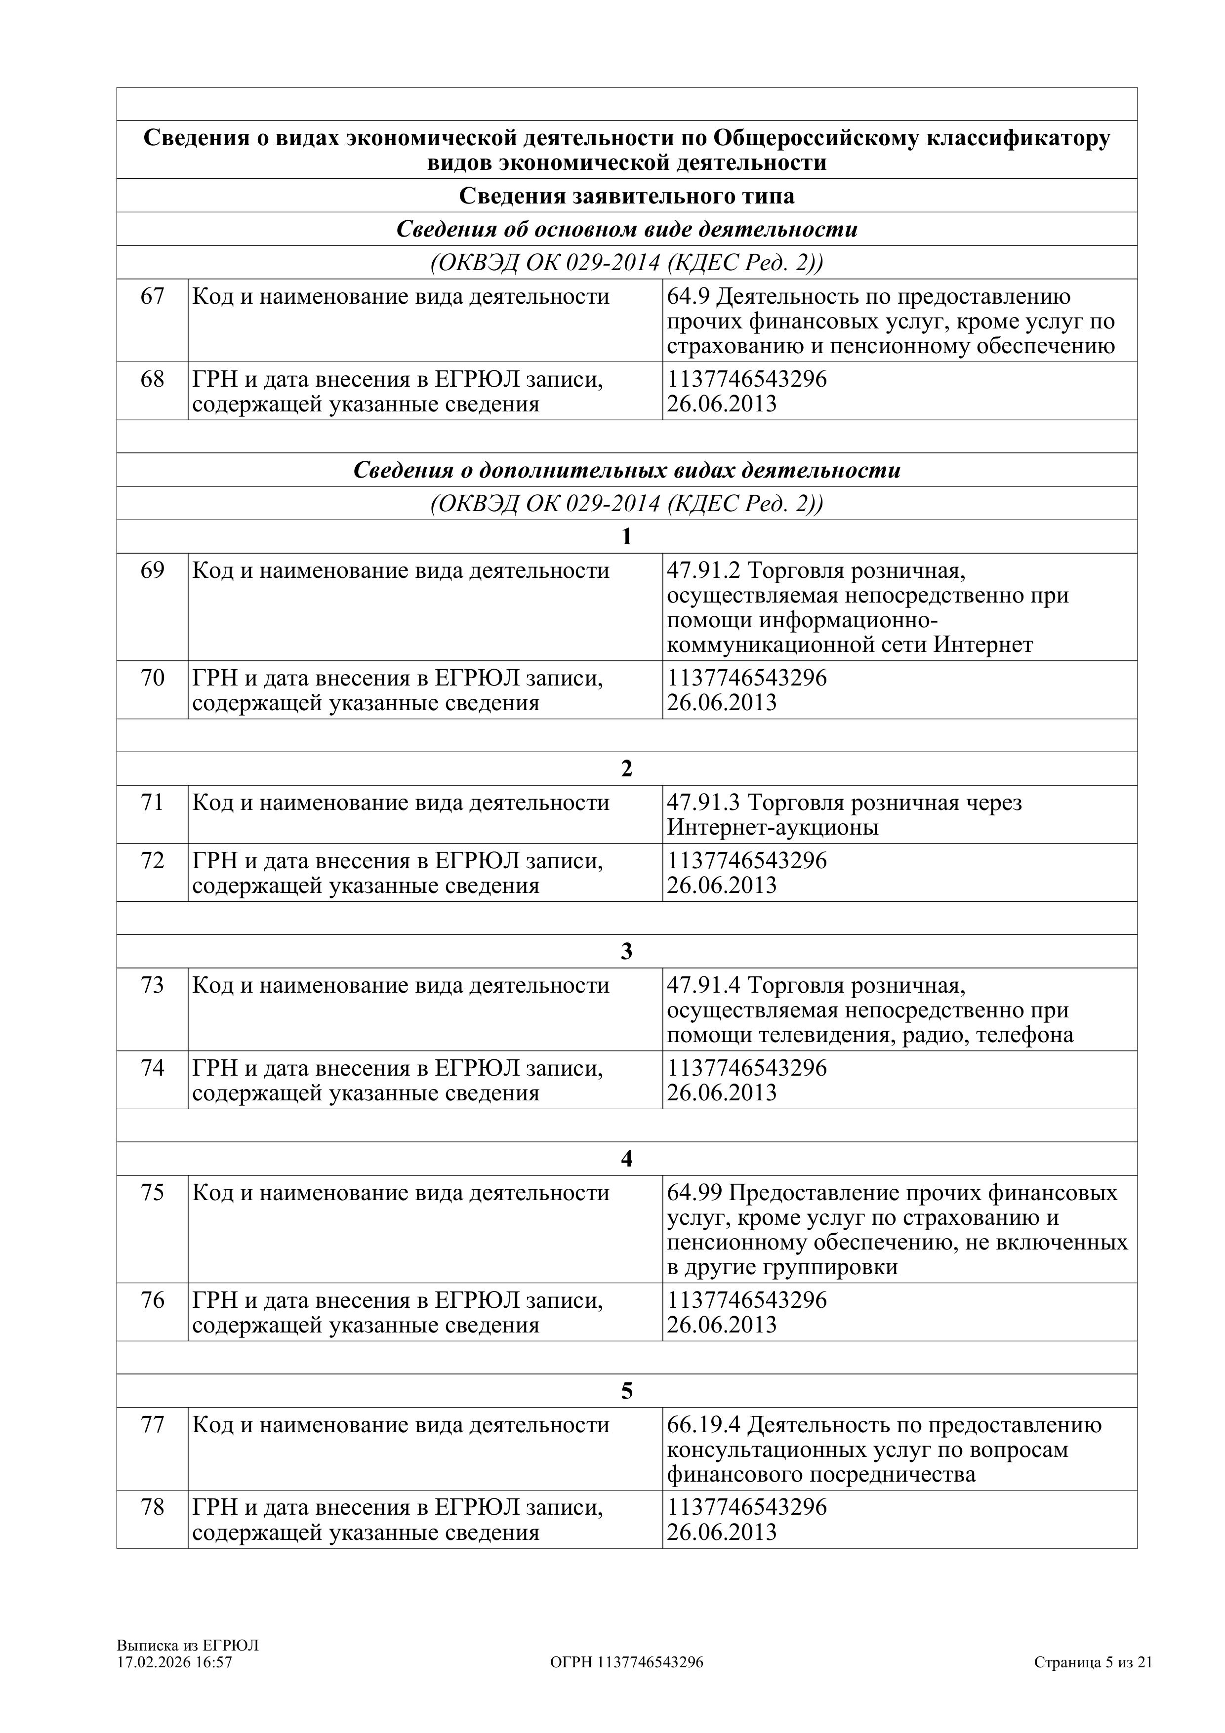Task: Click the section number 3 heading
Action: [626, 952]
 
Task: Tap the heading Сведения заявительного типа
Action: [626, 196]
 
